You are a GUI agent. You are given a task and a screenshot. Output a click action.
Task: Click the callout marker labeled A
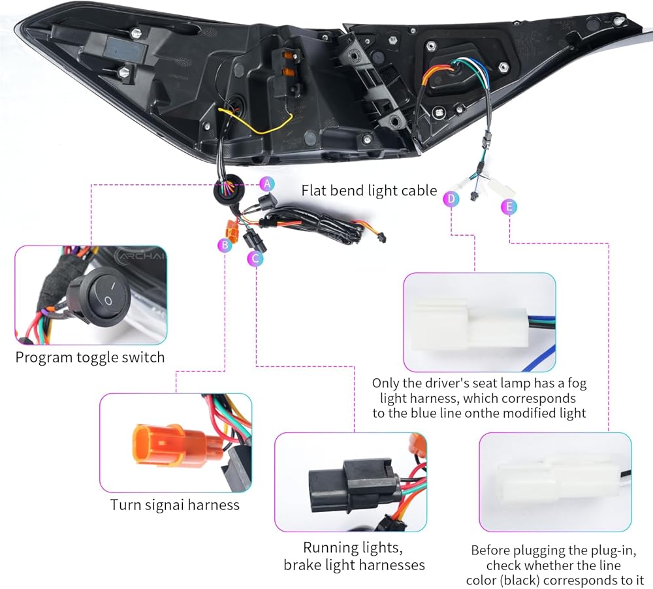pyautogui.click(x=267, y=183)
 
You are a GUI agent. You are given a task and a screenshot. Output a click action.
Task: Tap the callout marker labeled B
pyautogui.click(x=225, y=245)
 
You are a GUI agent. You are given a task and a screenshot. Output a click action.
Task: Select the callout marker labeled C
pyautogui.click(x=255, y=259)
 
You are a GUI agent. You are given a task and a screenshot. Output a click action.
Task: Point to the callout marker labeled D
pyautogui.click(x=451, y=199)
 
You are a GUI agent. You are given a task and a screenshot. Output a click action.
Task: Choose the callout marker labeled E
pyautogui.click(x=509, y=206)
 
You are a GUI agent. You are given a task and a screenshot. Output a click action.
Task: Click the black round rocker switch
pyautogui.click(x=99, y=295)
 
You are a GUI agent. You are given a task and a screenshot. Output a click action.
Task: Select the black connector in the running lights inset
pyautogui.click(x=354, y=486)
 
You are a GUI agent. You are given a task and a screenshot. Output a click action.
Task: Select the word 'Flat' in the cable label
pyautogui.click(x=311, y=191)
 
